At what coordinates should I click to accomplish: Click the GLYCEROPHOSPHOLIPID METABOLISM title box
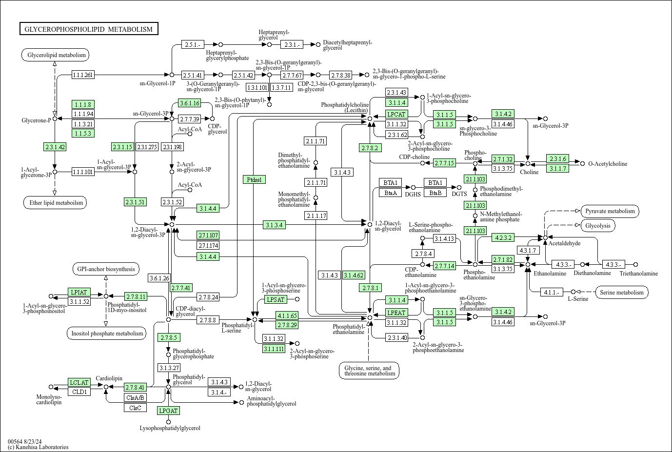click(x=89, y=29)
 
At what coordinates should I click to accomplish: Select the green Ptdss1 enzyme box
click(x=254, y=179)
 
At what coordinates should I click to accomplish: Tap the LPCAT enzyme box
click(x=396, y=114)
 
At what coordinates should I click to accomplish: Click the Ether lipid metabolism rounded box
click(x=55, y=203)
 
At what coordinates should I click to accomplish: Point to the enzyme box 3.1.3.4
click(x=274, y=225)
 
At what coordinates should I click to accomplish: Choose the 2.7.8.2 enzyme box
click(x=370, y=148)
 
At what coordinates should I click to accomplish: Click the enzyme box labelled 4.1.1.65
click(x=287, y=315)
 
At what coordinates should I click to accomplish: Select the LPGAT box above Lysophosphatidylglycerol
click(x=168, y=411)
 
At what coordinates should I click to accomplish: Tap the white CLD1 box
click(x=79, y=392)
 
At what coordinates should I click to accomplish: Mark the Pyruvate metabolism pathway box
click(x=610, y=211)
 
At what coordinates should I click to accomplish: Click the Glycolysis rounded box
click(x=598, y=226)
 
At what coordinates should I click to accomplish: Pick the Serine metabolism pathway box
click(x=622, y=293)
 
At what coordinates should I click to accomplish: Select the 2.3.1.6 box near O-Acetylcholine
click(x=557, y=159)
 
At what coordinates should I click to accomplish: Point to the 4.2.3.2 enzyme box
click(x=503, y=238)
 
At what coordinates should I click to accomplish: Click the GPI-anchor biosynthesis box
click(x=105, y=269)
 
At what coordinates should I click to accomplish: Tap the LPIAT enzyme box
click(x=79, y=293)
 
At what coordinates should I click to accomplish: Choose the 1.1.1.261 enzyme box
click(x=82, y=75)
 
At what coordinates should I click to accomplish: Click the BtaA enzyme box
click(x=390, y=193)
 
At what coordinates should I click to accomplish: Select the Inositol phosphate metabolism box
click(x=106, y=334)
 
